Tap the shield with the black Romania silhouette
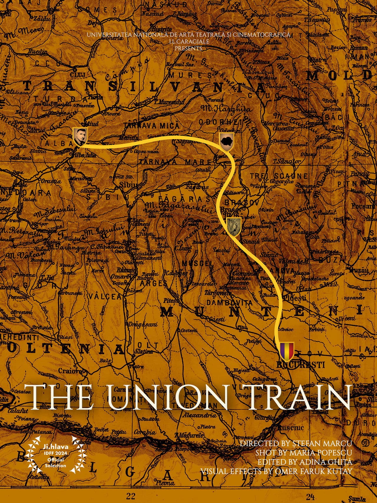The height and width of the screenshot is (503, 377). pyautogui.click(x=226, y=141)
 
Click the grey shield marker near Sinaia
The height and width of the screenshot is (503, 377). pyautogui.click(x=234, y=227)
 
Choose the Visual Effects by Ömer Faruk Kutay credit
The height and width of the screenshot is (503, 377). pyautogui.click(x=276, y=471)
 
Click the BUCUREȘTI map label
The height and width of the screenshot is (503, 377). pyautogui.click(x=300, y=365)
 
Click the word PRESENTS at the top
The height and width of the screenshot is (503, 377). pyautogui.click(x=188, y=48)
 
